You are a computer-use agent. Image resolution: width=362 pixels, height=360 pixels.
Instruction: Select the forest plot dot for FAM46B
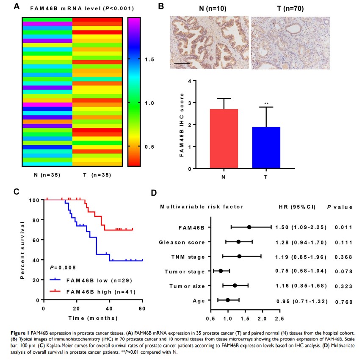(x=249, y=227)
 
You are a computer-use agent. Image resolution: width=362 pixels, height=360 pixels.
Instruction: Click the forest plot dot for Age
(x=228, y=300)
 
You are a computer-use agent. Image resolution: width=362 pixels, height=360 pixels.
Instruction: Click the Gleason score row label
(x=182, y=242)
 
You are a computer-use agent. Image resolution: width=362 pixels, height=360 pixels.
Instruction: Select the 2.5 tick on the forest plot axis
(x=279, y=318)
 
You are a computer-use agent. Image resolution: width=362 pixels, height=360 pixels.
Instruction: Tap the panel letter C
(x=17, y=191)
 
